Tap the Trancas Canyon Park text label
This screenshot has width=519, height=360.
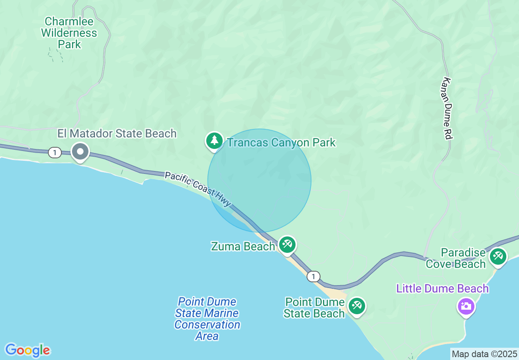pyautogui.click(x=281, y=143)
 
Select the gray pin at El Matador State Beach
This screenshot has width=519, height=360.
pyautogui.click(x=81, y=152)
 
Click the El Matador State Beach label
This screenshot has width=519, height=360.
pyautogui.click(x=117, y=133)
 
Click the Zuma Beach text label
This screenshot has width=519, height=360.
pyautogui.click(x=243, y=246)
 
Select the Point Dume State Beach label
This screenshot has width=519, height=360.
pyautogui.click(x=315, y=308)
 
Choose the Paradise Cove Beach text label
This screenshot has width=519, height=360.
pyautogui.click(x=456, y=258)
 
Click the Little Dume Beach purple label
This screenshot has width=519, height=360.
pyautogui.click(x=442, y=288)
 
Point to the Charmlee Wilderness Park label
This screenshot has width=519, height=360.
pyautogui.click(x=69, y=33)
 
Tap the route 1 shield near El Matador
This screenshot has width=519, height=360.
pyautogui.click(x=54, y=153)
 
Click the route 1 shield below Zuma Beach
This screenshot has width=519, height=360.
pyautogui.click(x=313, y=277)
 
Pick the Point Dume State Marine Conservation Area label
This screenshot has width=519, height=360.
pyautogui.click(x=207, y=319)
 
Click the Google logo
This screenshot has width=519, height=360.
pyautogui.click(x=27, y=350)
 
